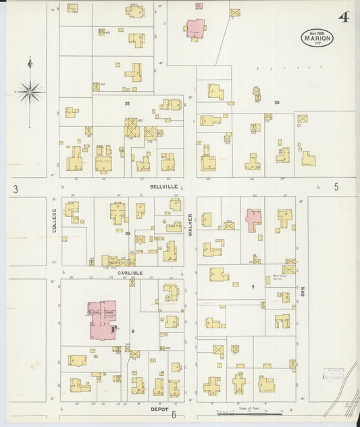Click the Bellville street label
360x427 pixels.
(164, 185)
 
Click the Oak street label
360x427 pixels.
(303, 291)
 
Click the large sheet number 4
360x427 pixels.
(344, 18)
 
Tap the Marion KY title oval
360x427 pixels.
(317, 38)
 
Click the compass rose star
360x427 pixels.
(30, 91)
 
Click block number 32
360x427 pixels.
(126, 104)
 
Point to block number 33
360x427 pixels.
(127, 233)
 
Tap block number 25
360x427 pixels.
(277, 101)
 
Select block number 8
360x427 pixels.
(133, 330)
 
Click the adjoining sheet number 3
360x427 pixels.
(15, 189)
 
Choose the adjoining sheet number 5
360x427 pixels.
(336, 186)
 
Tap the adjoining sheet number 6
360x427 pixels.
(174, 415)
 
